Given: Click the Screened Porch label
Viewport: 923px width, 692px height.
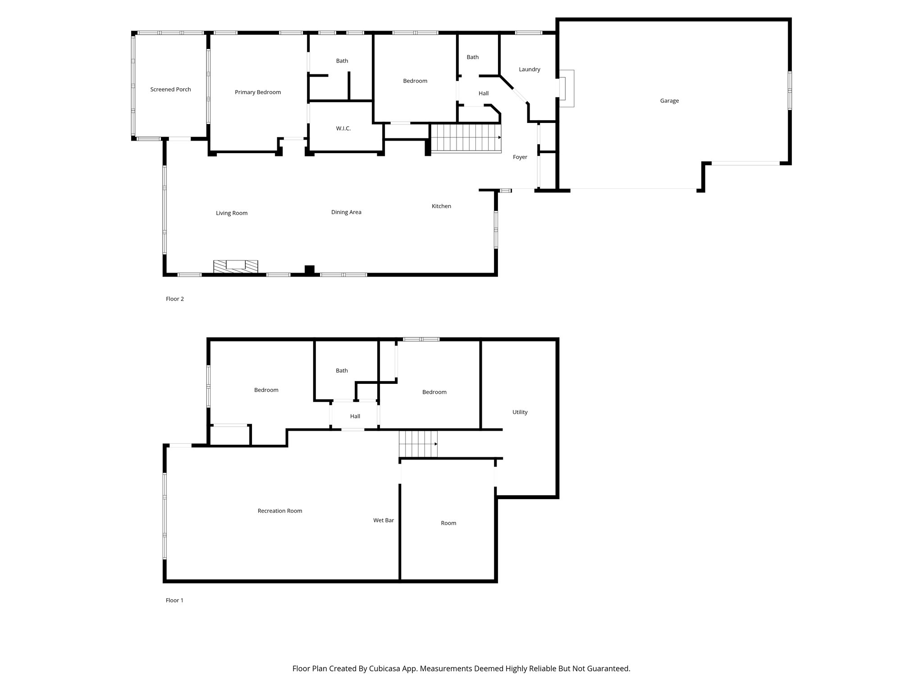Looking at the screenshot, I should click(170, 89).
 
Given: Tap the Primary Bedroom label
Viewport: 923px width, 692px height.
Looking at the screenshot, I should click(258, 92).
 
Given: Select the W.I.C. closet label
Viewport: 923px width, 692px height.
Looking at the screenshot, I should click(343, 128).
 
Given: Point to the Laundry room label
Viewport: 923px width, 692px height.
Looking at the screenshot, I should click(529, 69).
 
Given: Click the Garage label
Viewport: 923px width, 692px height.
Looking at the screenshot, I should click(669, 100).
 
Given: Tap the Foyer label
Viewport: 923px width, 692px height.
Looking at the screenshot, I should click(520, 157).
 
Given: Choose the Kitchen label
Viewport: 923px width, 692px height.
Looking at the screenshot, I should click(441, 206).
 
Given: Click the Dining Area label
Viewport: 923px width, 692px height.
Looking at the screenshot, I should click(346, 212).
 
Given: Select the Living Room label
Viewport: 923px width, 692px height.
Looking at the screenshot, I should click(232, 213).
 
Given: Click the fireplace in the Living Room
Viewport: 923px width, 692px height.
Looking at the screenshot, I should click(236, 266).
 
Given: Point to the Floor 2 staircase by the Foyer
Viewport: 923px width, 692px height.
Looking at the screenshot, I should click(466, 138).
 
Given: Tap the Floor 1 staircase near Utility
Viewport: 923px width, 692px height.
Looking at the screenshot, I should click(418, 444).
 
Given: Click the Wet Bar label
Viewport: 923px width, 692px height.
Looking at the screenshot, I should click(384, 520).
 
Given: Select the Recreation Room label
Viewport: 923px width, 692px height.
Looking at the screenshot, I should click(280, 511).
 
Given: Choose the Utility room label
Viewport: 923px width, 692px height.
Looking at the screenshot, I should click(520, 412).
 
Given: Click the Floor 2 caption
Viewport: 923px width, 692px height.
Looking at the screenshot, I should click(175, 299).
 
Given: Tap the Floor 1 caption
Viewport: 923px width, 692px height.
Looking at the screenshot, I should click(174, 600).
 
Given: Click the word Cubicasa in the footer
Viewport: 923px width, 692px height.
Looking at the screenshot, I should click(387, 669).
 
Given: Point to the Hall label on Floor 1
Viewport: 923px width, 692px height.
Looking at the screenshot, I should click(355, 416).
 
